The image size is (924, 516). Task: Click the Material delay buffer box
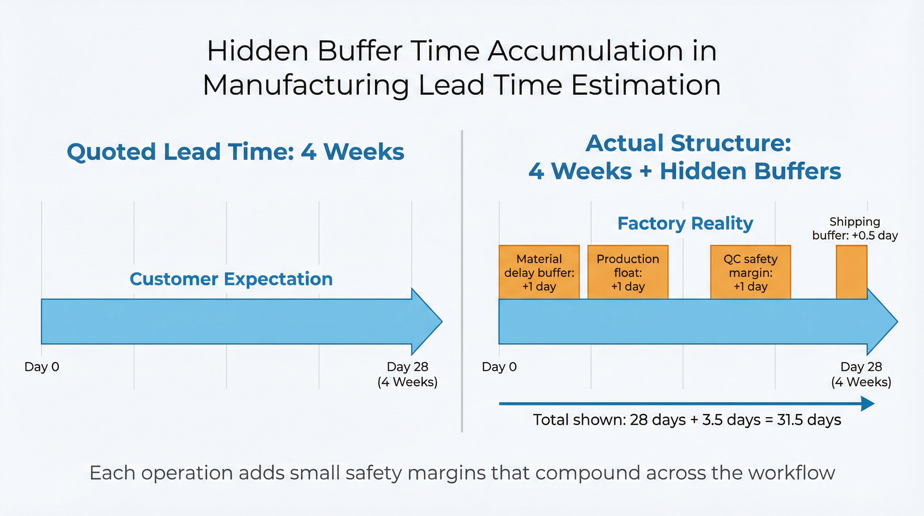539,272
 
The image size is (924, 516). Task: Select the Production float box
628,272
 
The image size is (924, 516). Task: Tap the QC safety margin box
750,272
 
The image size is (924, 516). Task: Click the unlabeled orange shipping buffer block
851,272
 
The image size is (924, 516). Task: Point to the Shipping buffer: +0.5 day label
855,228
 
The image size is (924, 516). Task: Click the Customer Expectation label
231,279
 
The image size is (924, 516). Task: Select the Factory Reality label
685,223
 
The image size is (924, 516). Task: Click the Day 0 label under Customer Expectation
42,367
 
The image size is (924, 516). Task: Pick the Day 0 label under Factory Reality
499,367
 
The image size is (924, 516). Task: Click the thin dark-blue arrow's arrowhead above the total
868,404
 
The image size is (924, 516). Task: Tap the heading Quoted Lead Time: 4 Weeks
235,152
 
